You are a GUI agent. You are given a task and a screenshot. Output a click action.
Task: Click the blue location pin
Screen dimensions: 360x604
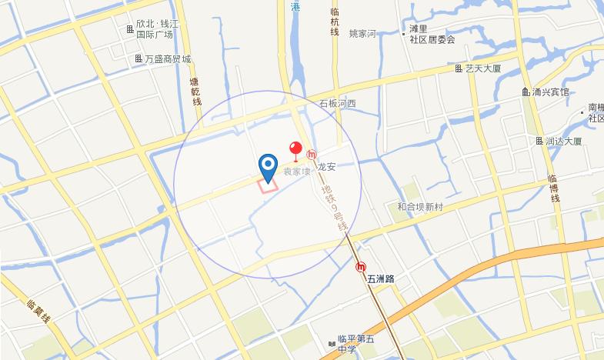[268, 165]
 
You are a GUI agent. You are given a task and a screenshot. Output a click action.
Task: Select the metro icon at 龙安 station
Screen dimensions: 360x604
[312, 155]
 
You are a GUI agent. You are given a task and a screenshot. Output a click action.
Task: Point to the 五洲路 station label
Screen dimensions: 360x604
[381, 278]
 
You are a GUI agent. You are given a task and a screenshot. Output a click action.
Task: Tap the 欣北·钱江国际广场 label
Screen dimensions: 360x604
[157, 29]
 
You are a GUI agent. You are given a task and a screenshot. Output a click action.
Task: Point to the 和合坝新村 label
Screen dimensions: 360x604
[420, 207]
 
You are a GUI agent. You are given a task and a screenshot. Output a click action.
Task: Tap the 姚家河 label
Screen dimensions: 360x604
[362, 34]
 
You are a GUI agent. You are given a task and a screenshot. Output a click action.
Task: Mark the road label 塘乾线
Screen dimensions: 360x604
[195, 91]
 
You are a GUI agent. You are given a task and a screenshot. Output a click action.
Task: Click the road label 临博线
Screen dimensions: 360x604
[552, 188]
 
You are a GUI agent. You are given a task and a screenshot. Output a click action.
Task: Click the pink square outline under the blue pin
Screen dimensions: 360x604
[268, 183]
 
